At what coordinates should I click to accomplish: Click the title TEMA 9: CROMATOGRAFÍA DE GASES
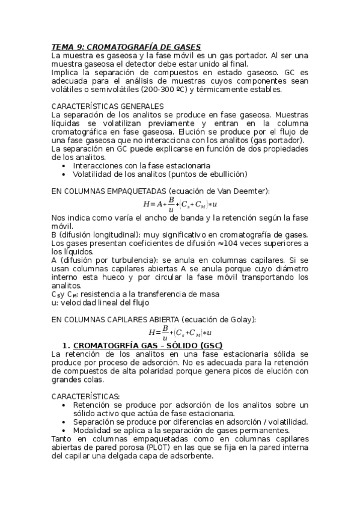126,46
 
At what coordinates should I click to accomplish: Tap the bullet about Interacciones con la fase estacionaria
141,165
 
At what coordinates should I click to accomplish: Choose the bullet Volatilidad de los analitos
160,174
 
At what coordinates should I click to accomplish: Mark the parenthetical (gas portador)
281,140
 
